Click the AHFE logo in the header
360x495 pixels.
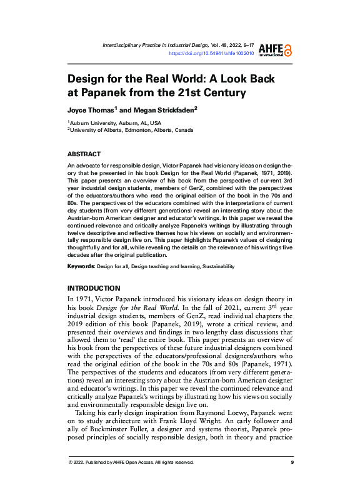[x=278, y=50]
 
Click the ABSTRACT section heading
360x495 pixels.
[x=84, y=154]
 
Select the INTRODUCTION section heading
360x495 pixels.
[x=94, y=288]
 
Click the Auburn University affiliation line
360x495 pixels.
[x=115, y=123]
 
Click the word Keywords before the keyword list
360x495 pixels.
[x=81, y=266]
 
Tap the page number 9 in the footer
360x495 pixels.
[x=292, y=462]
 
